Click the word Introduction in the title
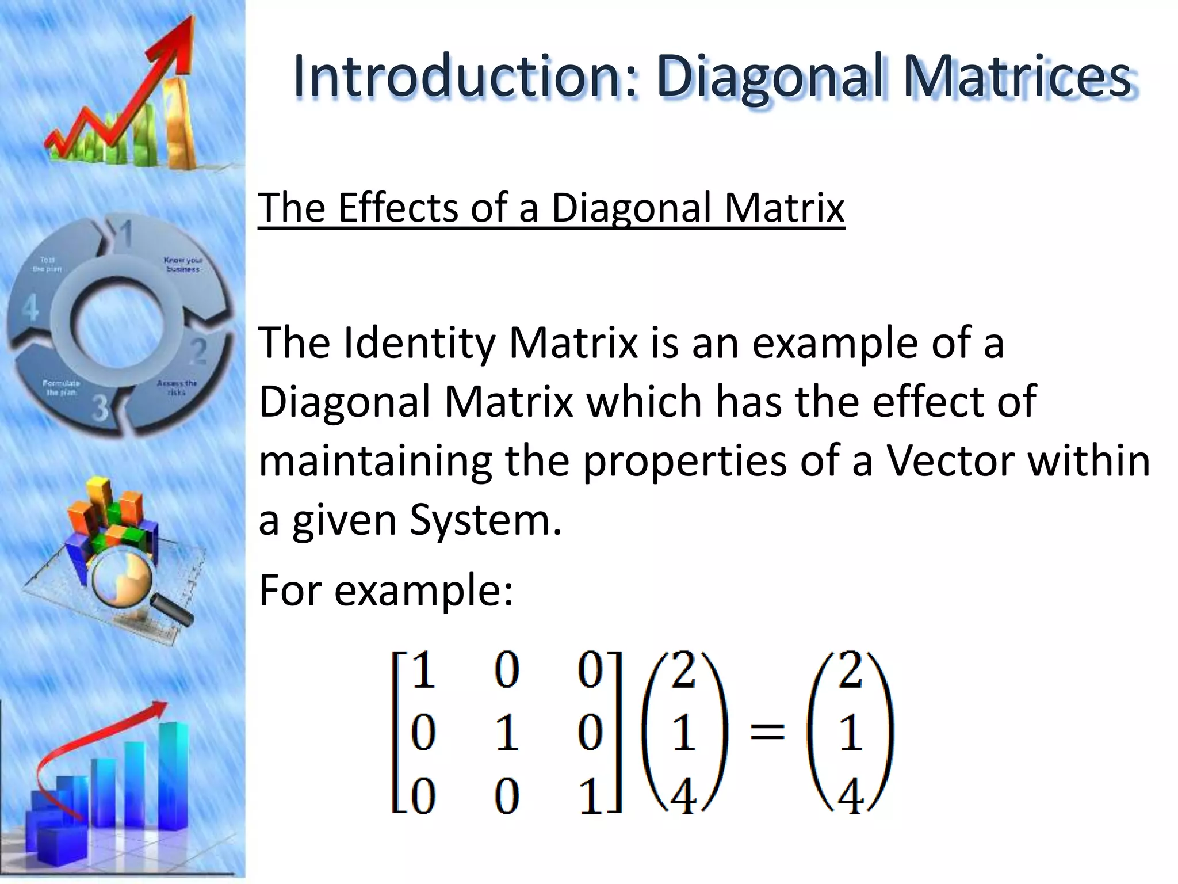[x=458, y=77]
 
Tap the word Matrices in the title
[x=1017, y=77]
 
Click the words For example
[x=385, y=590]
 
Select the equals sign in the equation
[x=767, y=733]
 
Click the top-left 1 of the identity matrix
[x=423, y=670]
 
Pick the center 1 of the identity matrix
[x=506, y=734]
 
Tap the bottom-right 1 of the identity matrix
[x=591, y=797]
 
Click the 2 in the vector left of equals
[x=683, y=670]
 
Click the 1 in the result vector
[x=850, y=734]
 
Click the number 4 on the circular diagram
[x=30, y=307]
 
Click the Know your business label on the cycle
[x=183, y=264]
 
